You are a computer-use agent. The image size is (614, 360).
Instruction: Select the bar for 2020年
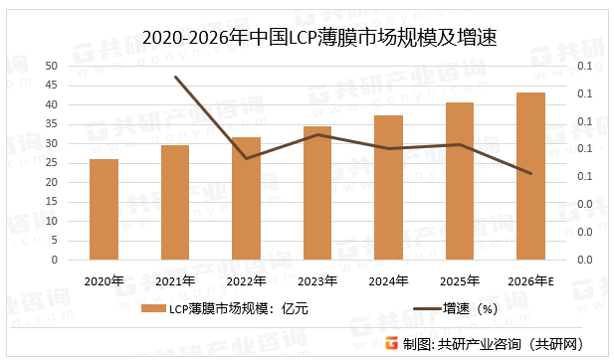pos(103,209)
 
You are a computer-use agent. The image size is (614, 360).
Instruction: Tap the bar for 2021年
pos(175,202)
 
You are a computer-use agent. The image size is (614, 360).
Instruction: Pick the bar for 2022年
pos(246,198)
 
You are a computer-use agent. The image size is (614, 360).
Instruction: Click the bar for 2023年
pos(317,193)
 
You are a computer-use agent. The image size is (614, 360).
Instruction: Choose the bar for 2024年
pos(388,187)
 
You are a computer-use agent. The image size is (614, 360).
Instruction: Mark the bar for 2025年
pos(460,181)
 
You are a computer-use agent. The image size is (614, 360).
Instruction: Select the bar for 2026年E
pos(530,176)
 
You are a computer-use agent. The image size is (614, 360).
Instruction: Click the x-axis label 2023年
pos(317,281)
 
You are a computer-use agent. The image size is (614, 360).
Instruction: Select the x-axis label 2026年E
pos(530,281)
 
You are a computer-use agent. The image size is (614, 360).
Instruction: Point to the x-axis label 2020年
pos(103,281)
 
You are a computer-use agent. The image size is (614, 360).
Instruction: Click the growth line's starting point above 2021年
pos(175,77)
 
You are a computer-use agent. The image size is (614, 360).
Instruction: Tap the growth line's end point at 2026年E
pos(530,174)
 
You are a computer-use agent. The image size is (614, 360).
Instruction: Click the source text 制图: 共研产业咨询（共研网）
pos(504,344)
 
